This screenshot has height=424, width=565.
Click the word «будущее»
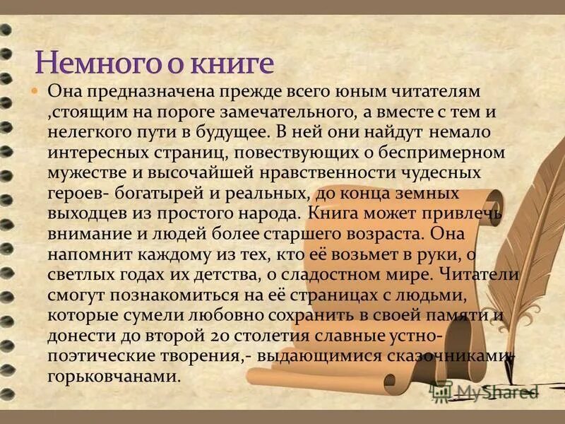coord(227,131)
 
